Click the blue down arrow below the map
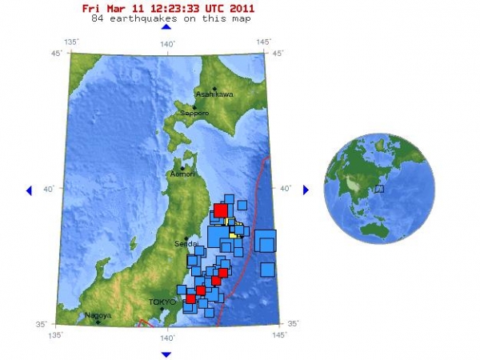pos(166,354)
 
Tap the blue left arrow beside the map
pos(29,190)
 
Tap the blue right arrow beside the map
pos(305,190)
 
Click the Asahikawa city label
pos(215,94)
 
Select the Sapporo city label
pos(194,114)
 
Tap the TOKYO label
pos(162,302)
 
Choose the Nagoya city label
pos(100,315)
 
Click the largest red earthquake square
pos(221,210)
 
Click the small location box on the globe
pos(380,189)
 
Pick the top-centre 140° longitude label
pos(166,43)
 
